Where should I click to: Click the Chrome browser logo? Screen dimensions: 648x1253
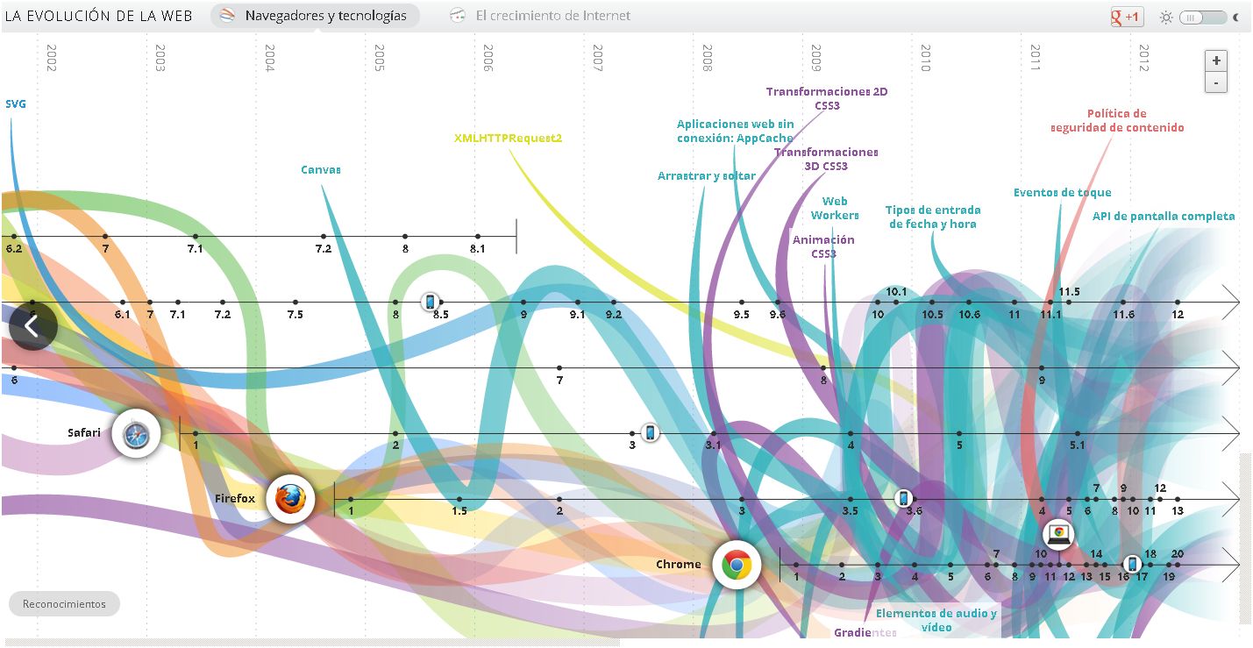(736, 565)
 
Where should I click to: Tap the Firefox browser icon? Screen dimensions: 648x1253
(290, 499)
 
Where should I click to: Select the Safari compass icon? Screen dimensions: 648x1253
(136, 433)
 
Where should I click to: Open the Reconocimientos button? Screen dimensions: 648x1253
(64, 603)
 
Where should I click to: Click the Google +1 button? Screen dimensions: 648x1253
(1125, 17)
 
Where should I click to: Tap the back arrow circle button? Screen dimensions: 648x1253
(32, 326)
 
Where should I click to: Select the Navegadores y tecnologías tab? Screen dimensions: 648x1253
(315, 16)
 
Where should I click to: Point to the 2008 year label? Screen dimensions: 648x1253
(707, 58)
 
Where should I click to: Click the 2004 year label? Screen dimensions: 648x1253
(269, 58)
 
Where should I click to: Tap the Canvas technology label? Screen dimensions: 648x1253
(321, 169)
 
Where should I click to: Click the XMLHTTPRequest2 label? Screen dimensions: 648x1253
(508, 138)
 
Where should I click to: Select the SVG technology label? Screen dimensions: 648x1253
(16, 103)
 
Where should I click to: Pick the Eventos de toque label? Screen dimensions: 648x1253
(1062, 192)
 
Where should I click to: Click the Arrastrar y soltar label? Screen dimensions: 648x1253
(706, 175)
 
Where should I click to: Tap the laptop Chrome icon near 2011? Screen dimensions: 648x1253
(1058, 533)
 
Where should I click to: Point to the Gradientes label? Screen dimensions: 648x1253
(865, 632)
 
